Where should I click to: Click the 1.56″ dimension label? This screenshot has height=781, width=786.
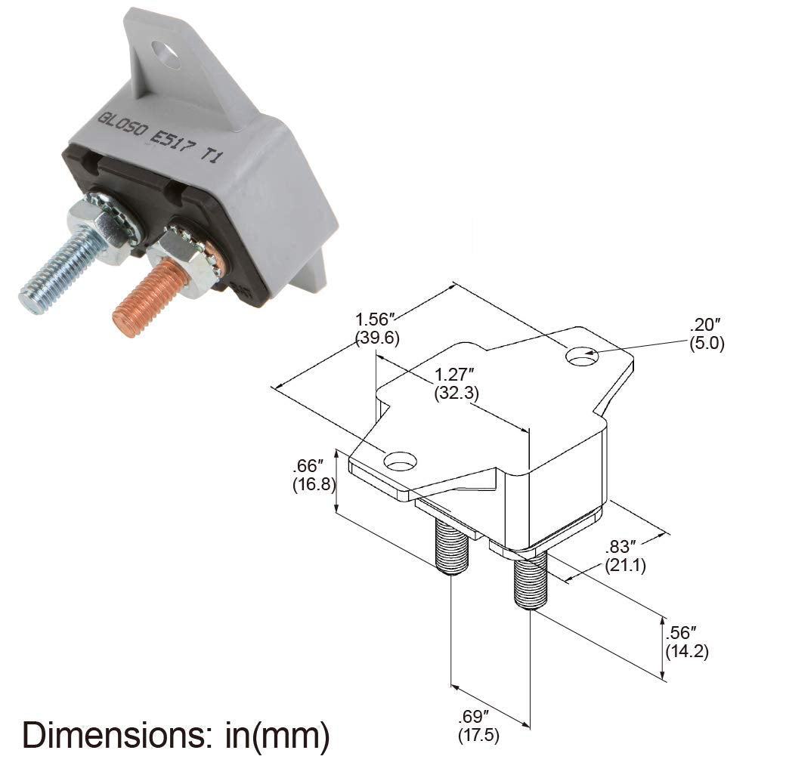[x=376, y=321]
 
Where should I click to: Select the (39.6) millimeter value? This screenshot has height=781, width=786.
[x=377, y=338]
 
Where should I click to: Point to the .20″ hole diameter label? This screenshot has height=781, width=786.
[x=707, y=326]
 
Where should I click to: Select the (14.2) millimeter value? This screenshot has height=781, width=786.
[x=686, y=652]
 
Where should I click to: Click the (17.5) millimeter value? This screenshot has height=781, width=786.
[x=478, y=734]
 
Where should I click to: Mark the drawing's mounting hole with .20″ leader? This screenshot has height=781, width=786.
[x=582, y=357]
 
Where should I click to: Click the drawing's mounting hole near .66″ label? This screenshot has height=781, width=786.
[x=401, y=459]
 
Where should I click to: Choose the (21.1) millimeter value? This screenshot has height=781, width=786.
[x=625, y=566]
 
